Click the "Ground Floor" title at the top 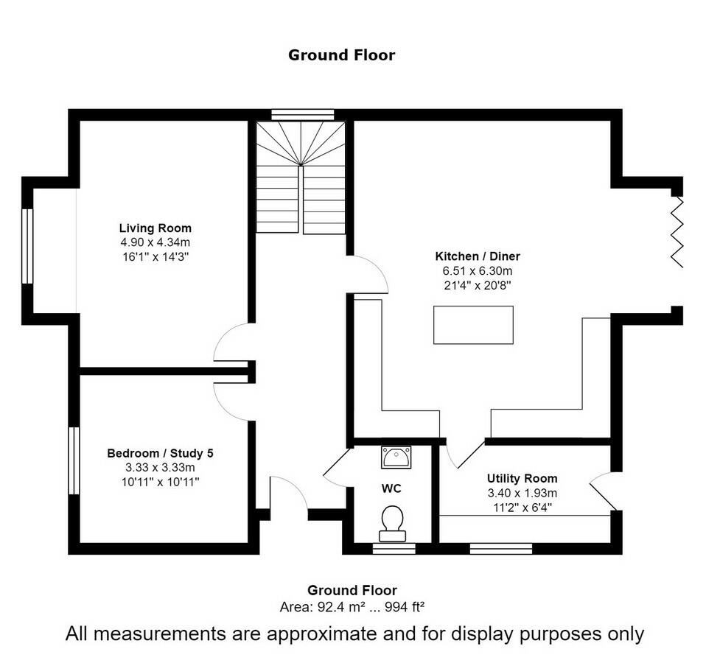[x=341, y=55]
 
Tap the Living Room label [x=155, y=228]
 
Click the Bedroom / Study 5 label [x=160, y=453]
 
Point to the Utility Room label [x=522, y=478]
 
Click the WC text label [x=391, y=488]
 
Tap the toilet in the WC [x=391, y=522]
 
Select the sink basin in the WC [x=396, y=457]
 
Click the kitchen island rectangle [x=473, y=325]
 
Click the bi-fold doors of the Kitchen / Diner [x=677, y=231]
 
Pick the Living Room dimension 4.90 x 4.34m [x=155, y=242]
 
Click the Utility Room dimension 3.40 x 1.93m [x=522, y=493]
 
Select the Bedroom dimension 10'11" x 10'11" [x=160, y=481]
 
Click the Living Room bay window [x=27, y=246]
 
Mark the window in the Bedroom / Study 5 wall [x=74, y=460]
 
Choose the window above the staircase [x=302, y=115]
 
